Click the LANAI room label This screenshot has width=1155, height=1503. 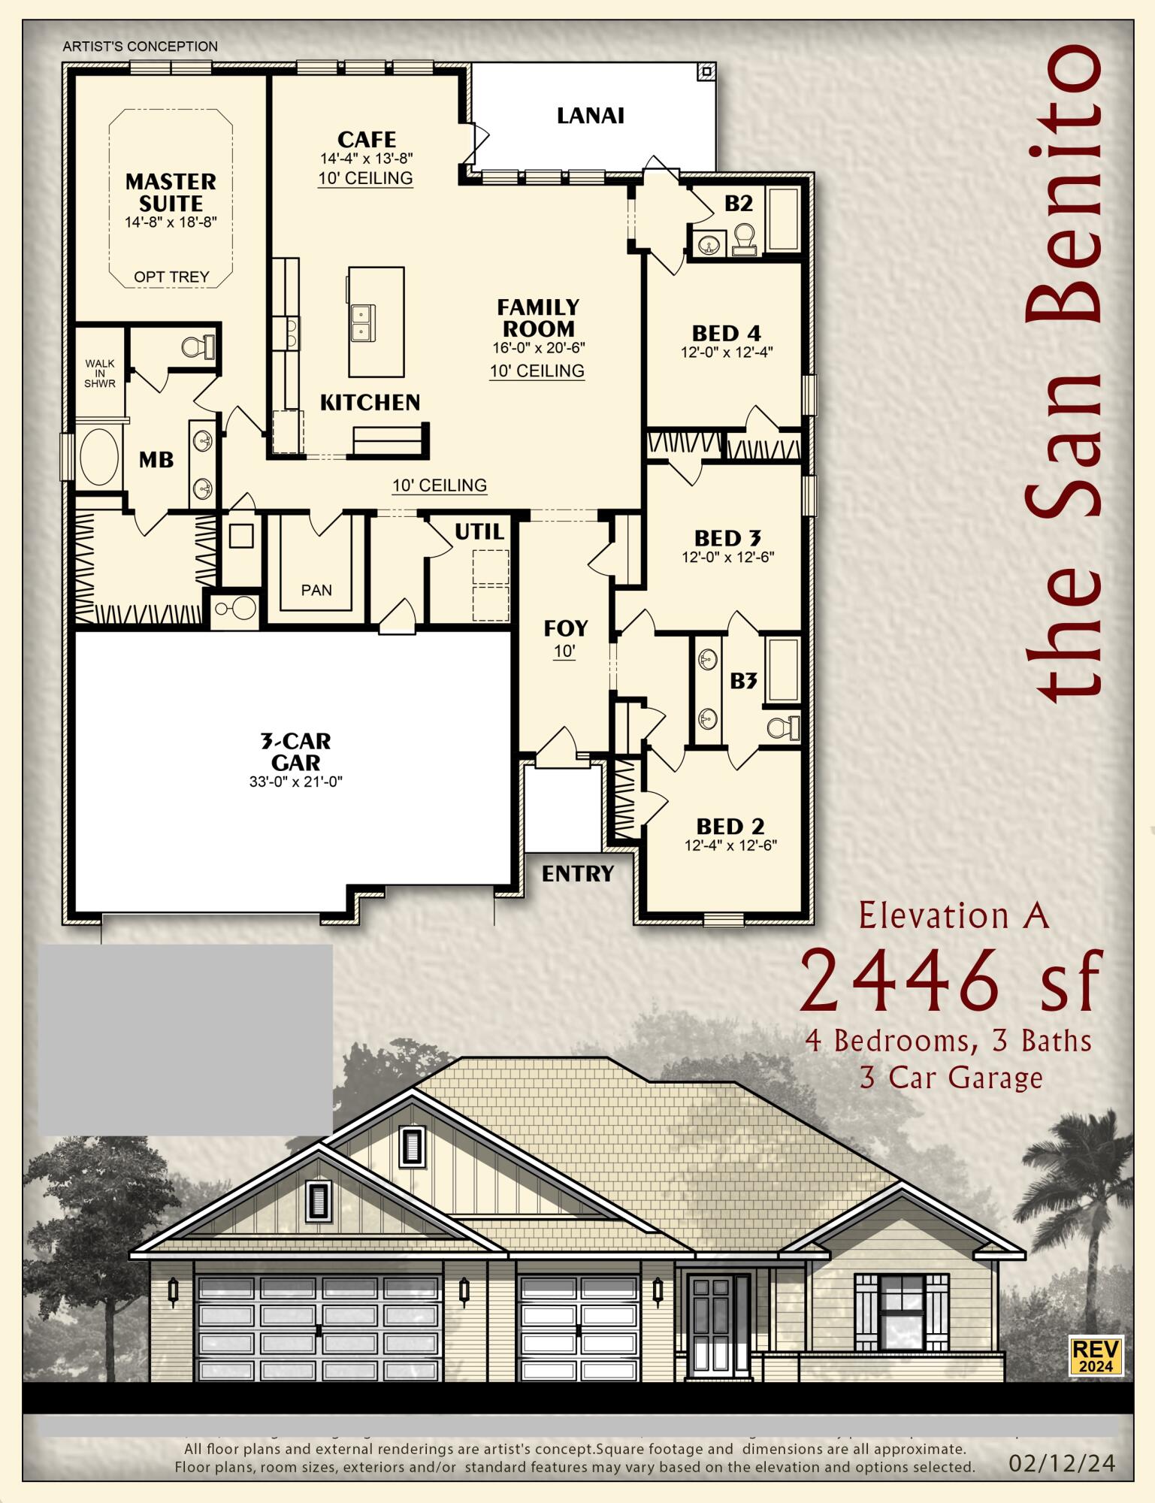[x=590, y=116]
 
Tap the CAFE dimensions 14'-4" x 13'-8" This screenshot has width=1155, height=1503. [x=366, y=159]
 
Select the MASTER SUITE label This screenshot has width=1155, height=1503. [x=171, y=192]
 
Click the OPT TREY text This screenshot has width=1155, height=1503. [x=171, y=277]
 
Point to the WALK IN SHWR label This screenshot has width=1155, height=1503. [x=100, y=373]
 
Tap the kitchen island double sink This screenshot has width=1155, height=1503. [x=362, y=322]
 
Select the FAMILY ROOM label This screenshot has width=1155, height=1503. [x=538, y=318]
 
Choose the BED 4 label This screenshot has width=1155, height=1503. [x=726, y=333]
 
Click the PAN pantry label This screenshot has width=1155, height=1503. [x=316, y=590]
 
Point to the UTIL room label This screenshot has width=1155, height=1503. [x=479, y=532]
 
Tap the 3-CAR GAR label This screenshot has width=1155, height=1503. [x=295, y=751]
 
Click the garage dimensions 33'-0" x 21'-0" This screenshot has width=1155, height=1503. [x=295, y=782]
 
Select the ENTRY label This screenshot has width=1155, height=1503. [x=577, y=873]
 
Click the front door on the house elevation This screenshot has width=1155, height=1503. [x=711, y=1324]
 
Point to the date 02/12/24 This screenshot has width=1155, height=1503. [x=1061, y=1462]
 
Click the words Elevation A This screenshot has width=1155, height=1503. [x=953, y=916]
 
